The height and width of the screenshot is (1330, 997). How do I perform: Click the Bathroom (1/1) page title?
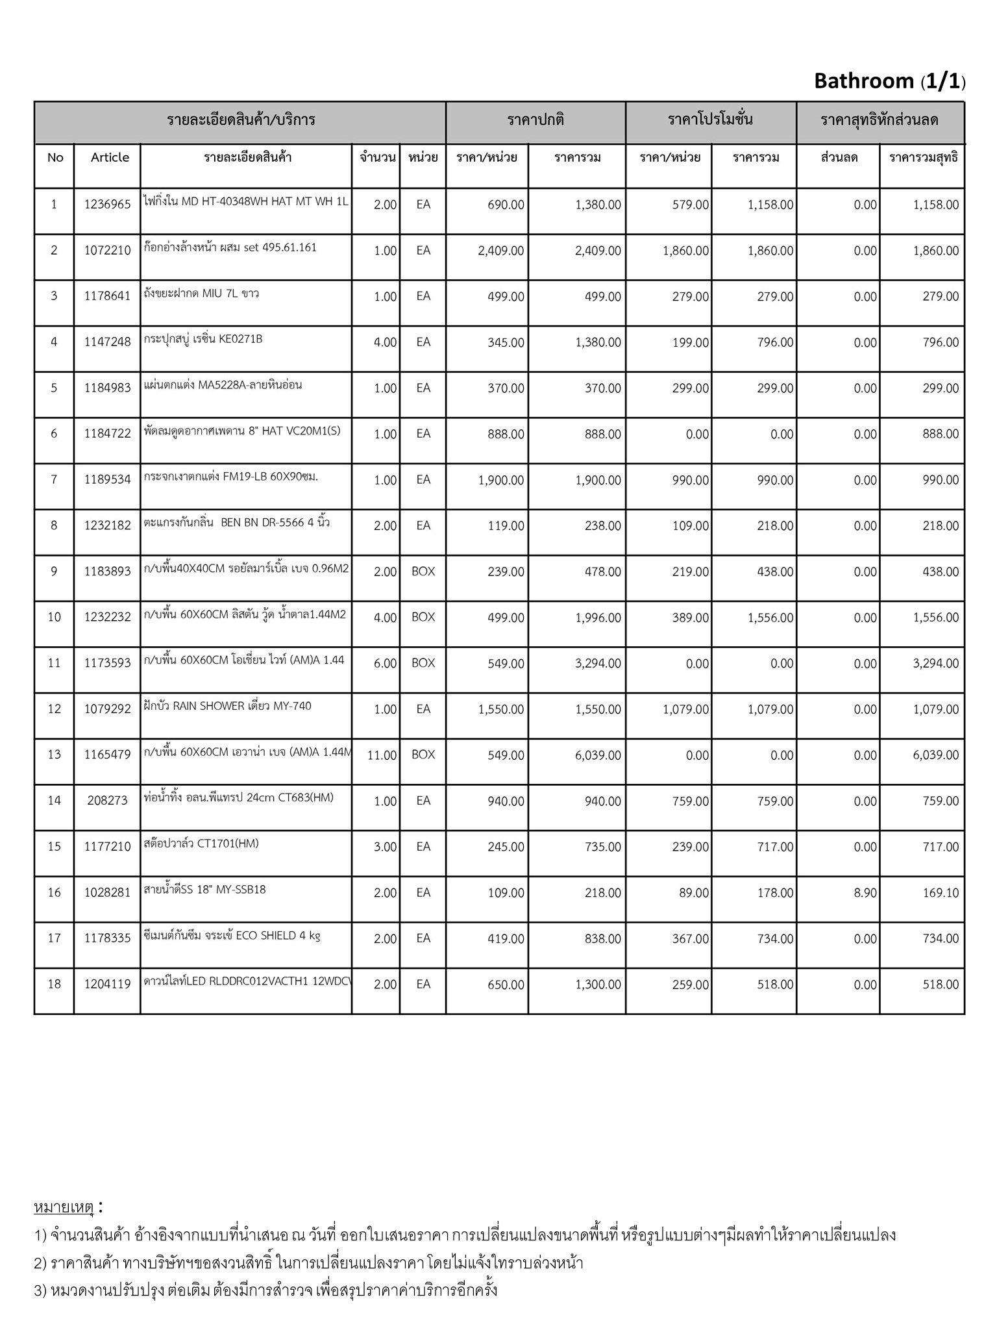(x=889, y=81)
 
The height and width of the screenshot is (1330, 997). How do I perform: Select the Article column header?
(x=110, y=157)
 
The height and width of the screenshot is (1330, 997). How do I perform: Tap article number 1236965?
(x=107, y=205)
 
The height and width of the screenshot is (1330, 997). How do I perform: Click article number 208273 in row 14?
(x=107, y=801)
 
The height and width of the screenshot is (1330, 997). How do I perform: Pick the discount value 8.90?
(x=865, y=893)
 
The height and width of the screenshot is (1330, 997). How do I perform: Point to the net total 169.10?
(x=941, y=893)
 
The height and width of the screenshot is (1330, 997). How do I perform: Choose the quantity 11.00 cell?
(x=382, y=755)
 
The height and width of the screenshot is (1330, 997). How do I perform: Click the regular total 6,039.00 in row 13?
(x=598, y=755)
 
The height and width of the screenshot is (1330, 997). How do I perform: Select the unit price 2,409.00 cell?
(x=500, y=251)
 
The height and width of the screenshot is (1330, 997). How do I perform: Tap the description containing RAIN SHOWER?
(x=228, y=706)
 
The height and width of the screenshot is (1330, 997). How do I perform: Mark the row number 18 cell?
(x=55, y=985)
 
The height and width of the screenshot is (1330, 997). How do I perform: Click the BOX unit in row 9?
(x=423, y=571)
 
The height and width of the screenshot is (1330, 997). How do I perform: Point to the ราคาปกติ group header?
(x=535, y=120)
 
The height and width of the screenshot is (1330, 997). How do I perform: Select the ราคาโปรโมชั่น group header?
(x=710, y=120)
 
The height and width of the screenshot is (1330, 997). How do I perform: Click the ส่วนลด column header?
(x=839, y=157)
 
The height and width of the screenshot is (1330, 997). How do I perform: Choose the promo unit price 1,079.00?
(x=685, y=709)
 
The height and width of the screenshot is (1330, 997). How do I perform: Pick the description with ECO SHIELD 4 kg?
(x=232, y=936)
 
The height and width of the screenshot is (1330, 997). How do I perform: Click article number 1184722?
(x=107, y=434)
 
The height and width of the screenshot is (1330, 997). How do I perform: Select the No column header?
(x=55, y=157)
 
